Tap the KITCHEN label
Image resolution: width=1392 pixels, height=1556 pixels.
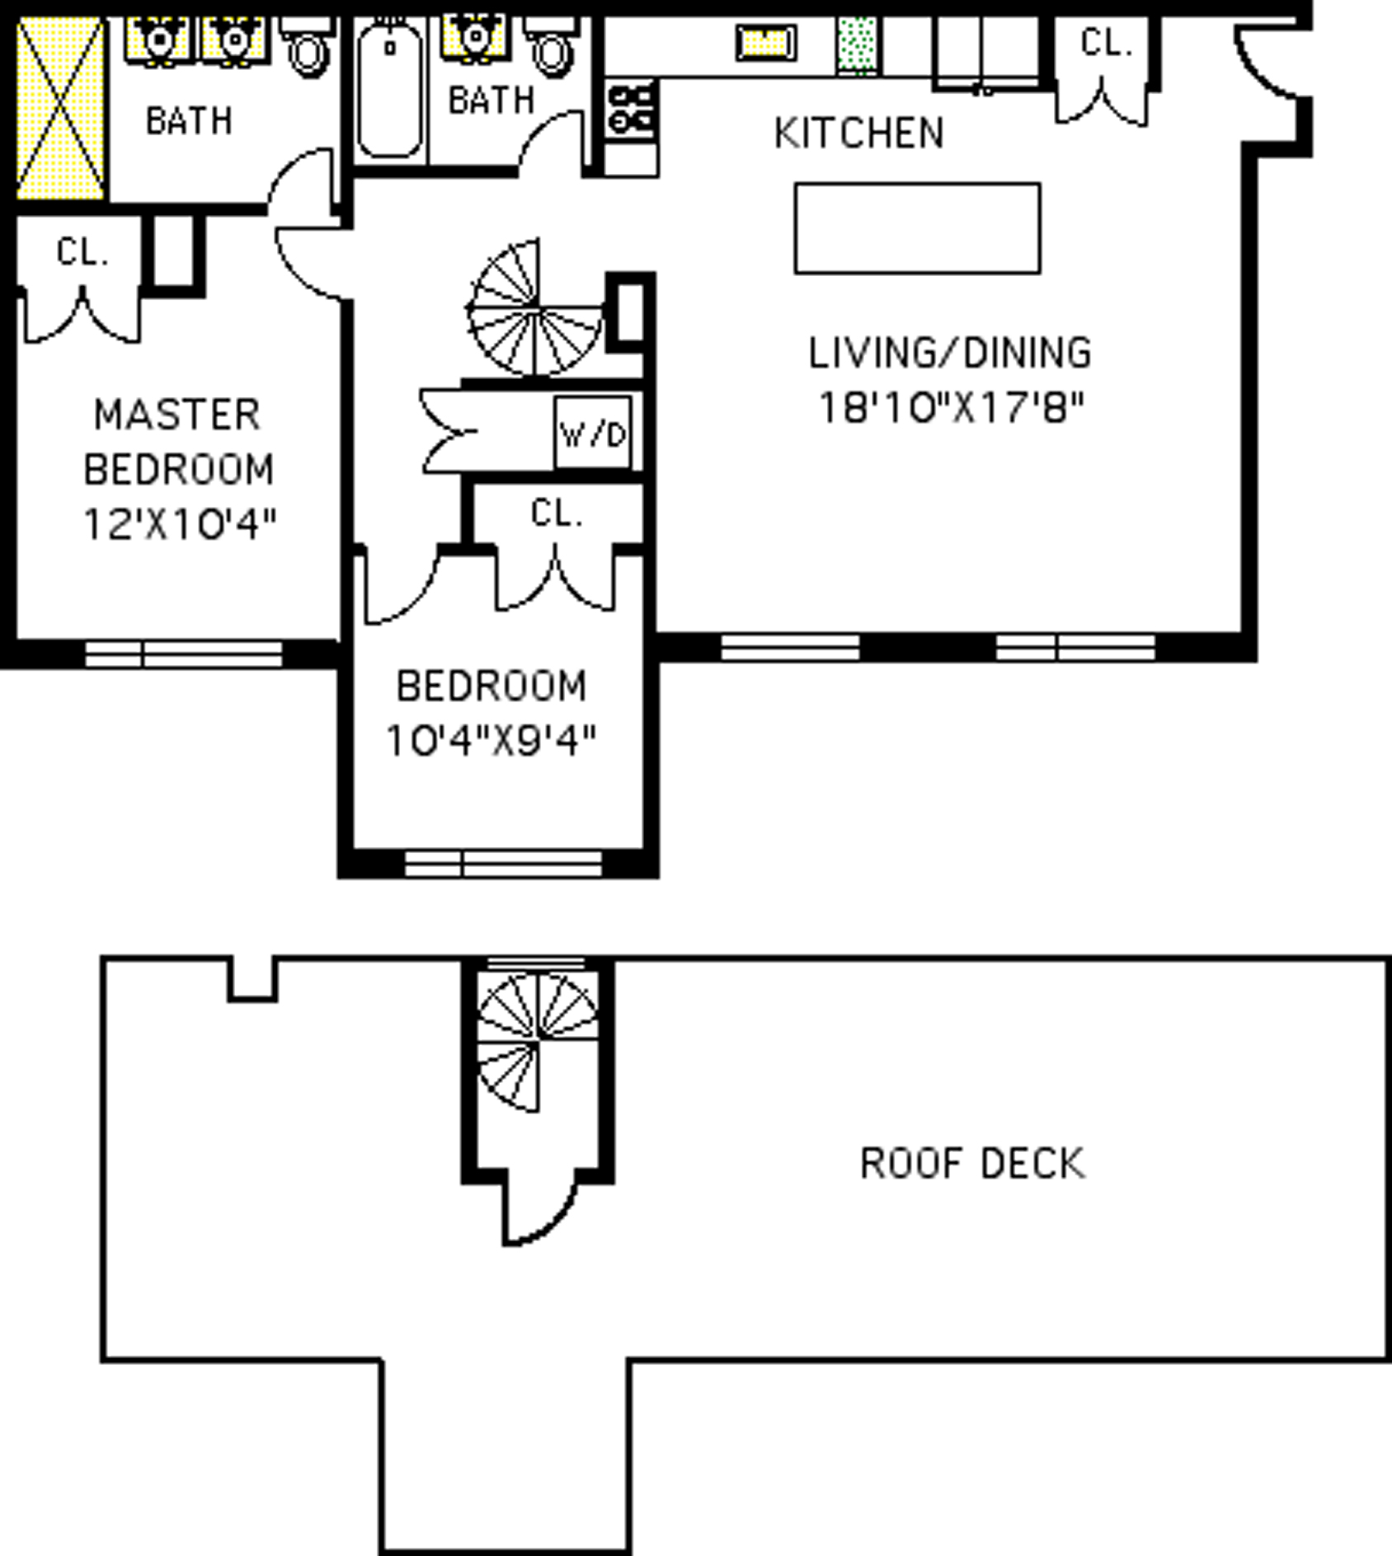click(859, 134)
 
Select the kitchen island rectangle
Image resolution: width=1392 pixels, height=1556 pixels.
click(917, 228)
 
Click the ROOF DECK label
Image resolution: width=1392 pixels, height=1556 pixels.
click(972, 1164)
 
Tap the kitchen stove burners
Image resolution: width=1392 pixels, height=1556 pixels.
click(632, 109)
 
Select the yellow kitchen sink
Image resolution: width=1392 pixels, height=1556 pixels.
click(766, 43)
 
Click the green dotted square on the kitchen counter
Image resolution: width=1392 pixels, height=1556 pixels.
click(858, 45)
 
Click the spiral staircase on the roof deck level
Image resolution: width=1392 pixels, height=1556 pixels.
click(538, 1041)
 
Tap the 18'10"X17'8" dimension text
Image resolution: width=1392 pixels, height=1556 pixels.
click(951, 407)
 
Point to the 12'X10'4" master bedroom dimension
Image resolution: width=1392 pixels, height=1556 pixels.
click(179, 524)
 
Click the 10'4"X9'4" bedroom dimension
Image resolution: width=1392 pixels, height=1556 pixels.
click(491, 740)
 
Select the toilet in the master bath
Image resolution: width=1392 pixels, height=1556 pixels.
click(308, 48)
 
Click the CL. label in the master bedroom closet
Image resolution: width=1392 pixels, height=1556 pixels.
click(82, 252)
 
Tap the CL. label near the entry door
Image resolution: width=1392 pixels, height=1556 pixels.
click(1106, 43)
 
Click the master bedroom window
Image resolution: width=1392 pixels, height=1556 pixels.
click(184, 654)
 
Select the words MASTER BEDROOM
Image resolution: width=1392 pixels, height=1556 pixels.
click(178, 442)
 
